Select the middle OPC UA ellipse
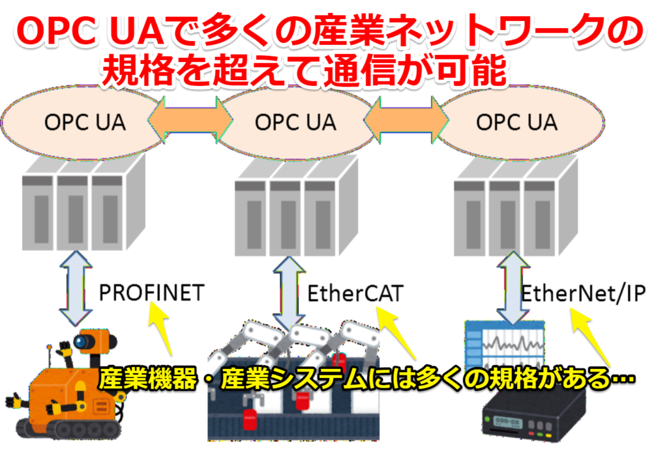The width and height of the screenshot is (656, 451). pyautogui.click(x=295, y=122)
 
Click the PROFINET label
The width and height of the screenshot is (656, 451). pyautogui.click(x=151, y=293)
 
